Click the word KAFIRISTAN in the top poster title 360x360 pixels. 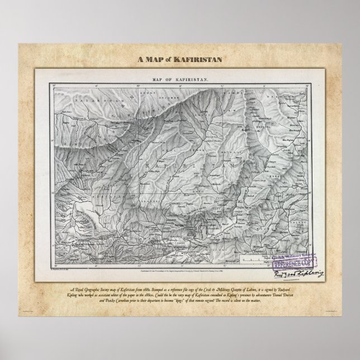pyautogui.click(x=201, y=59)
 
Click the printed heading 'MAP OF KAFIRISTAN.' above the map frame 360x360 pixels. pyautogui.click(x=179, y=79)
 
